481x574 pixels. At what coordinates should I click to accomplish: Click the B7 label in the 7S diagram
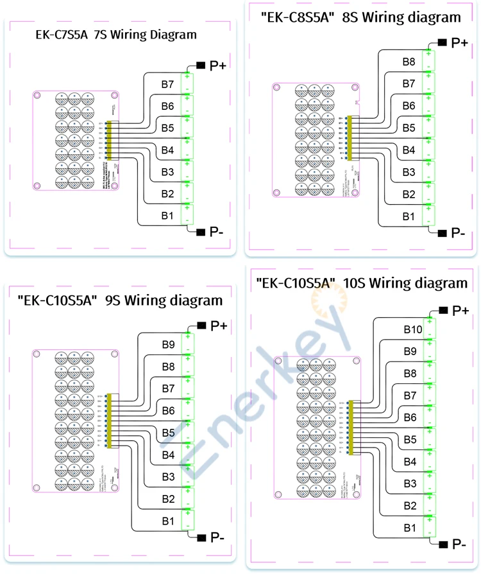[167, 84]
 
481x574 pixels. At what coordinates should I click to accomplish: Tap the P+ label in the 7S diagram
[219, 65]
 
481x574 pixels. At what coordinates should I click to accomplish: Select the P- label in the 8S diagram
[458, 232]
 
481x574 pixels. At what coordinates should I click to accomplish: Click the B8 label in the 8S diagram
[409, 62]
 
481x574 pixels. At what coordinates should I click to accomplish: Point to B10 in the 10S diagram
[412, 329]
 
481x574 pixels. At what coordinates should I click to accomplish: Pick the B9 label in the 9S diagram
[168, 344]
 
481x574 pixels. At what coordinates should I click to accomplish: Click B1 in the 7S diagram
[167, 216]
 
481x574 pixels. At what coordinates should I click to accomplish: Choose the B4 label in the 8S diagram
[409, 150]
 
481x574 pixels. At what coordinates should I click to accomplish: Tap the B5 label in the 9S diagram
[168, 433]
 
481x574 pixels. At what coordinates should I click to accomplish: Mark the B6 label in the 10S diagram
[410, 418]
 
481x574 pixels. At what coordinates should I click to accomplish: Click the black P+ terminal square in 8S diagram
[443, 42]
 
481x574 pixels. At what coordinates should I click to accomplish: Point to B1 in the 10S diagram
[410, 527]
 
